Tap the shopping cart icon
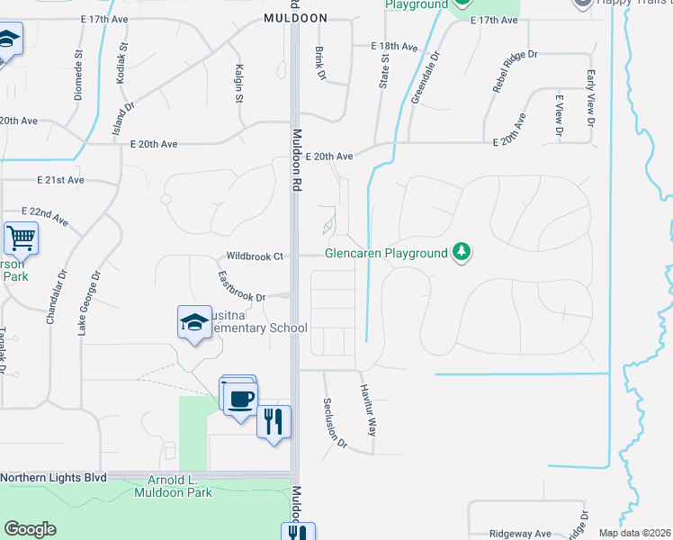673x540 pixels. (21, 238)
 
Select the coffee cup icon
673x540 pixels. (240, 400)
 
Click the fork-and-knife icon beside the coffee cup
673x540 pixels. (274, 420)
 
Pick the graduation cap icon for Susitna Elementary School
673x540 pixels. (193, 321)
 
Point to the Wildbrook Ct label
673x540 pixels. (255, 256)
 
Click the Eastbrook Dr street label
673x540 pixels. (242, 285)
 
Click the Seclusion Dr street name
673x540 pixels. (335, 423)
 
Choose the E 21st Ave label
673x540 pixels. (61, 180)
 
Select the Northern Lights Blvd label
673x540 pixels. (54, 478)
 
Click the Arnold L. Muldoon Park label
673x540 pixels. (173, 487)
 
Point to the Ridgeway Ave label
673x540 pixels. (520, 534)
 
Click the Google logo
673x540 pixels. (30, 529)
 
